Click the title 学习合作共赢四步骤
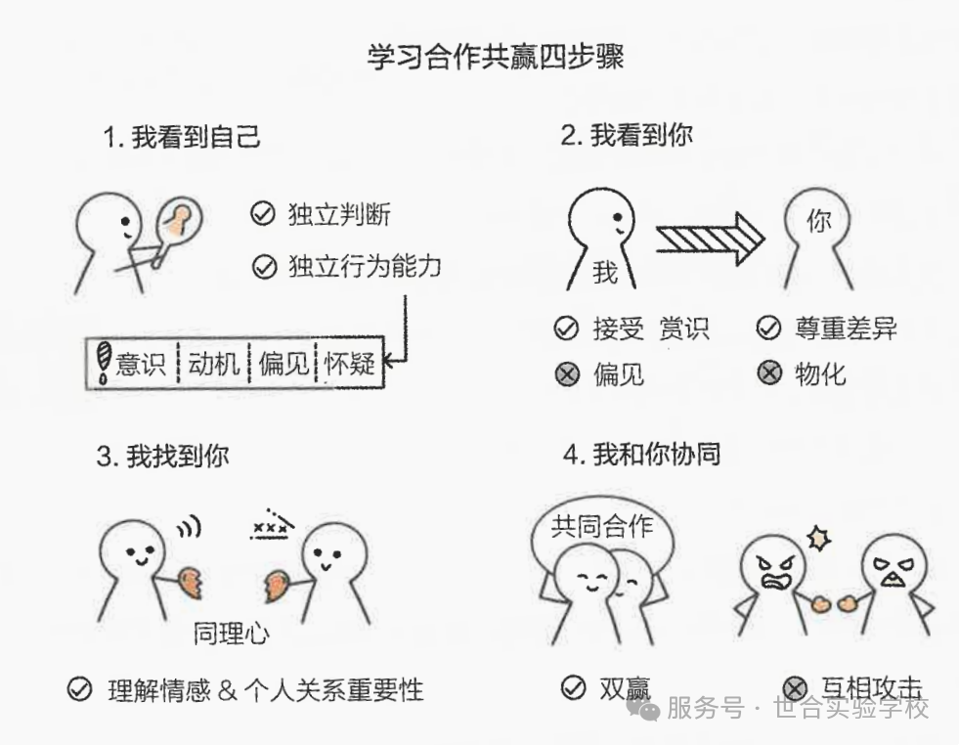(x=496, y=57)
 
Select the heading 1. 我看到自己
(x=182, y=137)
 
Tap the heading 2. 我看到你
(x=628, y=135)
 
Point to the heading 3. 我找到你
(x=162, y=457)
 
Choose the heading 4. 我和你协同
(x=641, y=455)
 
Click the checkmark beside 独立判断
(x=263, y=213)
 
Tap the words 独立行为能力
(x=365, y=266)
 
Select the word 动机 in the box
(x=213, y=364)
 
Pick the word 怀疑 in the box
(x=349, y=364)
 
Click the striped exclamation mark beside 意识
(x=104, y=362)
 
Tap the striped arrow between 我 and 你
(x=710, y=239)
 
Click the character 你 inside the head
(x=818, y=220)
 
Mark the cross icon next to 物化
(x=769, y=372)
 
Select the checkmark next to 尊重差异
(x=768, y=328)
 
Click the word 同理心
(x=231, y=634)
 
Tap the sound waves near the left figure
(x=191, y=527)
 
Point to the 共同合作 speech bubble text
(x=602, y=525)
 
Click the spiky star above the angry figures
(x=819, y=539)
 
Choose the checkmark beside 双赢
(x=573, y=687)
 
